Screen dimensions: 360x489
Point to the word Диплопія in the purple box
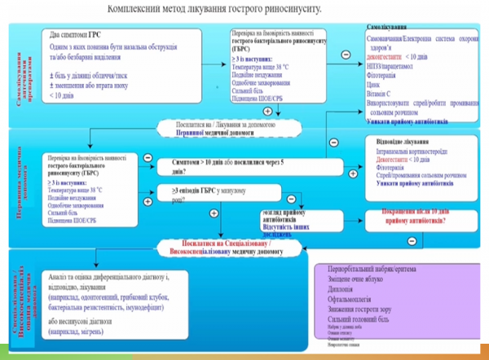point(343,287)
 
